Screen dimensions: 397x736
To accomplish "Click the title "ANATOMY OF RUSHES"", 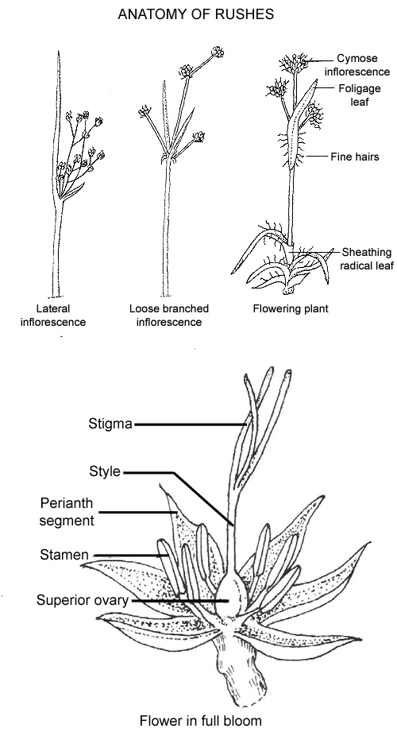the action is (x=196, y=14).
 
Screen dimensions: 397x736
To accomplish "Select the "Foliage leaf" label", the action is (x=360, y=95).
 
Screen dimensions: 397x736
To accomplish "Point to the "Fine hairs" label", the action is (x=355, y=157).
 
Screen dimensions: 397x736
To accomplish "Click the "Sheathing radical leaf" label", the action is (x=367, y=258).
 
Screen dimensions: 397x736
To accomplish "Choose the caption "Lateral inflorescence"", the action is (x=53, y=316).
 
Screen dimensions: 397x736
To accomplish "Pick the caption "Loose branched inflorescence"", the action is (x=169, y=316).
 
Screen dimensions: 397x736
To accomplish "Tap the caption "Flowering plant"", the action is (x=291, y=309).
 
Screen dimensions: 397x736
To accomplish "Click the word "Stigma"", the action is (x=110, y=424).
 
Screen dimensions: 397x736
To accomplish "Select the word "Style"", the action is (x=105, y=471).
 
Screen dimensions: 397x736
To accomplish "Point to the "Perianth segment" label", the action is (x=67, y=512).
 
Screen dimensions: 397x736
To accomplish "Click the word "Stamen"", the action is (x=64, y=555).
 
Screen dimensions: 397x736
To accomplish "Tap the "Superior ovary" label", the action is (x=83, y=600).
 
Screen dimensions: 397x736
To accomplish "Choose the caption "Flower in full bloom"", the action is (x=201, y=721).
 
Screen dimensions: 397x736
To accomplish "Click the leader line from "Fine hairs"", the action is (x=316, y=157).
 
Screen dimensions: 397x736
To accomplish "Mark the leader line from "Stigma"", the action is (x=191, y=424).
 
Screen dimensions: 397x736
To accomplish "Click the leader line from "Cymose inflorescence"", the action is (x=321, y=60).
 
